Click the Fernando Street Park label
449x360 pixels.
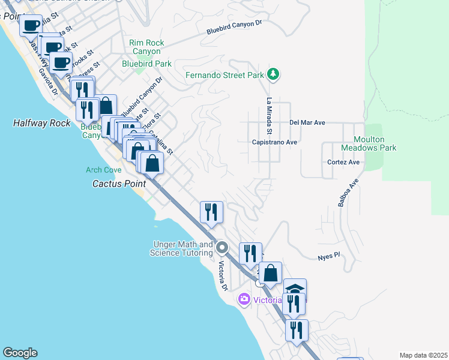(224, 76)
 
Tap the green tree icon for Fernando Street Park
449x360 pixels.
(274, 74)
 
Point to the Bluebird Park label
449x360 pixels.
(147, 64)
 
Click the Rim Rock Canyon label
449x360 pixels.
(147, 47)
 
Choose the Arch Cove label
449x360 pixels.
(103, 170)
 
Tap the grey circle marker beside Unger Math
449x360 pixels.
(222, 247)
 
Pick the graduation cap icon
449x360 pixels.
(295, 288)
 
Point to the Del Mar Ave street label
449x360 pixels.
(307, 122)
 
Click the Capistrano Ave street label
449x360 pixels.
(275, 142)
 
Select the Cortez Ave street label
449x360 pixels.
(343, 162)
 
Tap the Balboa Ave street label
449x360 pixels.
(348, 193)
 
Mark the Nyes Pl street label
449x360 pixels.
(328, 256)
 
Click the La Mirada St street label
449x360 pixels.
(270, 116)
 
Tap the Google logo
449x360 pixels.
(20, 353)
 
